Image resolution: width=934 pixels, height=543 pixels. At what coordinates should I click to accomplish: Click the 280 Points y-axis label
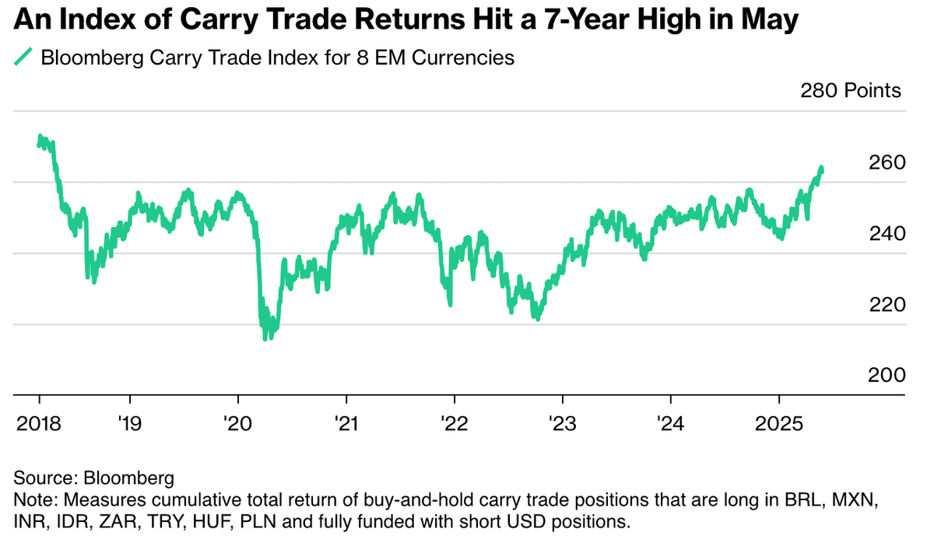851,91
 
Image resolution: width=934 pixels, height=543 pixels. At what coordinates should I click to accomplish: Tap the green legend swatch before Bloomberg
25,57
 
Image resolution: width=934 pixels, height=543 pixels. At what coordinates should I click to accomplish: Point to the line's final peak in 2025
822,168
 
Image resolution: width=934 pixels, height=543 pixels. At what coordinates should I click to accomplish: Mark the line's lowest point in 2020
265,338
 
